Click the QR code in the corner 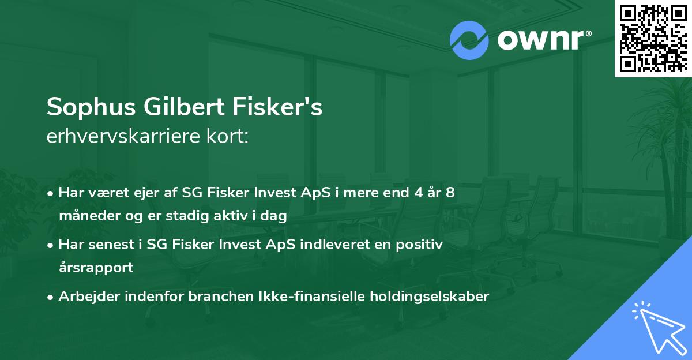click(653, 38)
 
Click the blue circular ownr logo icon click(469, 40)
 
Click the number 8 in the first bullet click(450, 192)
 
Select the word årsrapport click(96, 268)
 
